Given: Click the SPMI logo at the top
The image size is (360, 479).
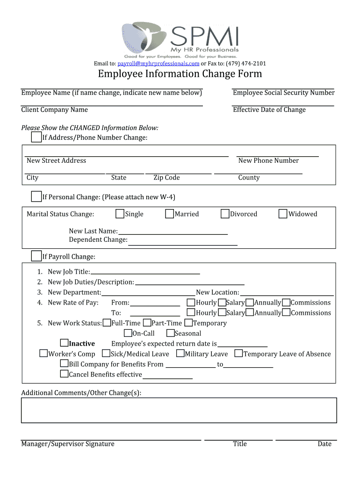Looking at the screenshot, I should tap(180, 39).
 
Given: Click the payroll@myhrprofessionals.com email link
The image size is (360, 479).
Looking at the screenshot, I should tap(158, 64).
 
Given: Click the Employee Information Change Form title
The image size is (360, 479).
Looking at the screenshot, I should tap(180, 74).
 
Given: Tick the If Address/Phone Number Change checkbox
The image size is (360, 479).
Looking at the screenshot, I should tap(36, 137).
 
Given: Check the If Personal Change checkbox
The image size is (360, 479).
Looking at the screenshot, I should tap(36, 196).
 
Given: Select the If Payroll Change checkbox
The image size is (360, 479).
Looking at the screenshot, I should tap(36, 256).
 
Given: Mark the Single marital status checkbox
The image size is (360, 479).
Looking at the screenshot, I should tap(120, 214).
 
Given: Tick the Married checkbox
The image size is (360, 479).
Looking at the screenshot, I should tap(170, 214).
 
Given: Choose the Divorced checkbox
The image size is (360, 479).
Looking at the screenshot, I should tap(225, 214).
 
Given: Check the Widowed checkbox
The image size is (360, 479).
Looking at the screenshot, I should tap(283, 214).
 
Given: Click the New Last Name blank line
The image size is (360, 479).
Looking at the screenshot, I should tap(173, 231).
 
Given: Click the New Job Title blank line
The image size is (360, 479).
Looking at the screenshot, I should tap(145, 271).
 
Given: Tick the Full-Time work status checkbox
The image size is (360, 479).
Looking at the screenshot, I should tap(107, 323).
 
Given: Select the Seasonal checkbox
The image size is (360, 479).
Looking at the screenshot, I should tap(171, 333).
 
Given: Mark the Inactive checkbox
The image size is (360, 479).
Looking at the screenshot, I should tap(65, 343).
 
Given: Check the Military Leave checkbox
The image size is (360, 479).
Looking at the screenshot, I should tap(180, 354).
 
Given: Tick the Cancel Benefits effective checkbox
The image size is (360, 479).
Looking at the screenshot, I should tap(65, 374).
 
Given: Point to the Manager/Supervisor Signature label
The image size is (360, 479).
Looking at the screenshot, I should tap(68, 444).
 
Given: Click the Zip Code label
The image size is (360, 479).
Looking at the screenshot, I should tap(166, 178).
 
